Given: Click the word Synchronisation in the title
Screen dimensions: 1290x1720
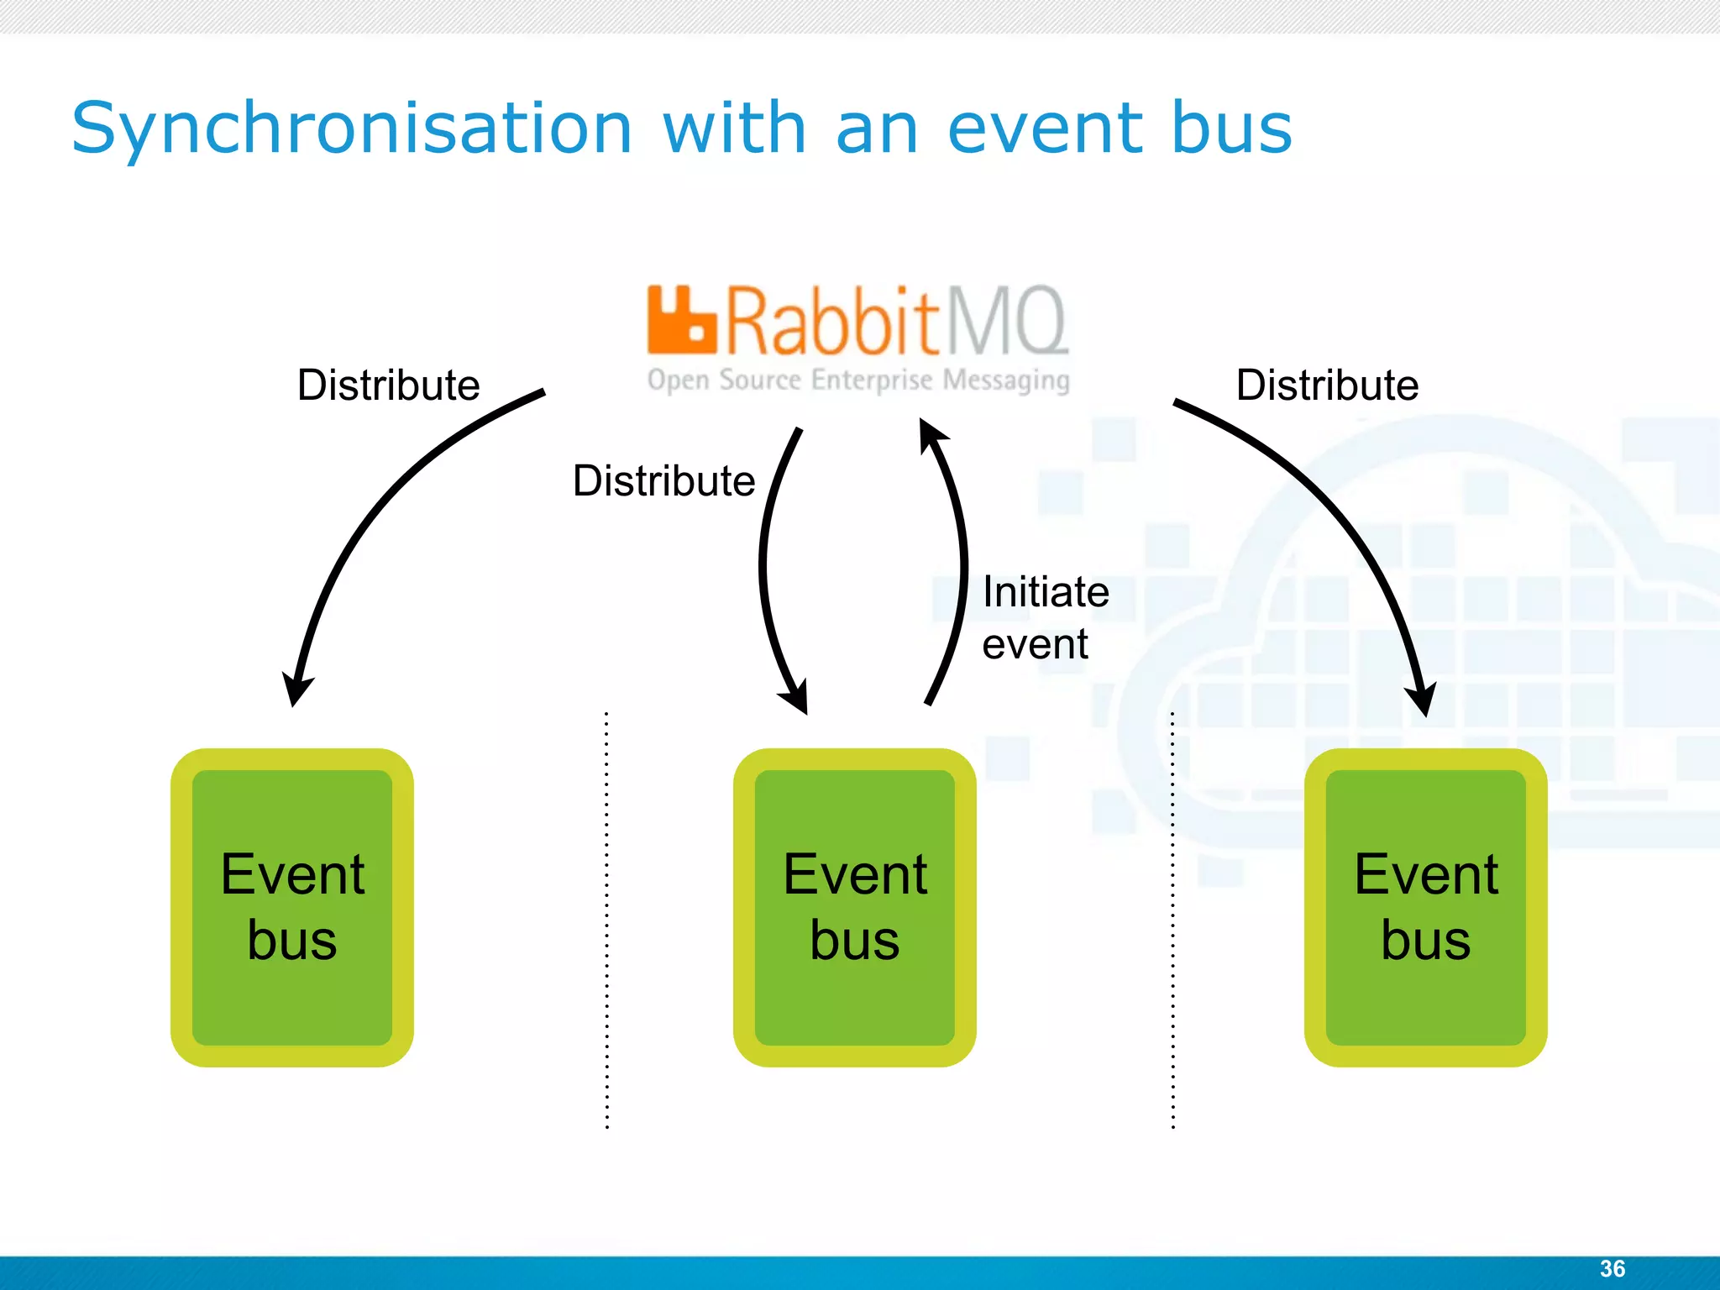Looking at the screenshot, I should [351, 128].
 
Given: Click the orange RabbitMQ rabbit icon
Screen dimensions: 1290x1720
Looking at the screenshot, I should [681, 319].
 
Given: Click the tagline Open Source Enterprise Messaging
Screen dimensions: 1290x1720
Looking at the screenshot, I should [858, 380].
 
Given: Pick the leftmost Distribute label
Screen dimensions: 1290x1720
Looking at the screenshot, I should [388, 385].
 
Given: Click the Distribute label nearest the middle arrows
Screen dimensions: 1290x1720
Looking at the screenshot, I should [663, 481].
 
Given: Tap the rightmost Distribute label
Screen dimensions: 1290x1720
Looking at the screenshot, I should [1327, 385].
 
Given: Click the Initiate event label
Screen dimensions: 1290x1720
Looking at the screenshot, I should [1045, 617].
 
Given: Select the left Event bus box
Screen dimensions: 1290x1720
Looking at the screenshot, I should [292, 907].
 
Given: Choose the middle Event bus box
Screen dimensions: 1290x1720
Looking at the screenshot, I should [854, 907].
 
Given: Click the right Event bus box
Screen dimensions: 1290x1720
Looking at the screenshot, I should [1425, 907].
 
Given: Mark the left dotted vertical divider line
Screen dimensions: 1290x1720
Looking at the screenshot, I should [606, 920].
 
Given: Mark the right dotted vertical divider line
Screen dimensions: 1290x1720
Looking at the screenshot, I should [1172, 920].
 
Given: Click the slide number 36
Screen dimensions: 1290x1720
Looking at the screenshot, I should [1612, 1268].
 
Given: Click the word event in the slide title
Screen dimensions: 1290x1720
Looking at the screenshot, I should [1045, 128].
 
